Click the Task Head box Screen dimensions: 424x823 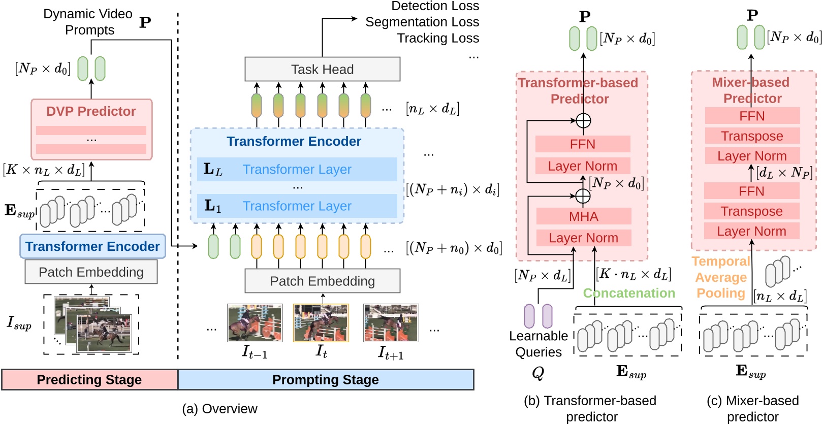coord(322,69)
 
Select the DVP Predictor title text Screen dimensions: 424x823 coord(91,111)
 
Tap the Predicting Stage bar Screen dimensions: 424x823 coord(89,380)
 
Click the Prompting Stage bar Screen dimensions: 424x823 coord(325,380)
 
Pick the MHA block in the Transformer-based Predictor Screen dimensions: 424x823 coord(583,216)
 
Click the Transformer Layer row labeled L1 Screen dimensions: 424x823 coord(297,206)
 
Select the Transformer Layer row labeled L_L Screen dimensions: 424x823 coord(297,170)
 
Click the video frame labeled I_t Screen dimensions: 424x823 coord(321,323)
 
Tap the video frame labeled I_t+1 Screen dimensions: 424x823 coord(391,323)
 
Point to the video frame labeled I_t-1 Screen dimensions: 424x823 coord(255,323)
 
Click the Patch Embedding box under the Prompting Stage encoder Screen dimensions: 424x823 coord(322,281)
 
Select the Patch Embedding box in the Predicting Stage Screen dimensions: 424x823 coord(91,272)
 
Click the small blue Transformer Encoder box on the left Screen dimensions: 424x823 coord(92,247)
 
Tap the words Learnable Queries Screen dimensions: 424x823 coord(539,344)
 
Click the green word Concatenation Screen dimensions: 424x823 coord(629,293)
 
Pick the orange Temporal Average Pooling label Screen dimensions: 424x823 coord(720,277)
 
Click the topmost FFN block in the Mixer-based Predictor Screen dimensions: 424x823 coord(752,116)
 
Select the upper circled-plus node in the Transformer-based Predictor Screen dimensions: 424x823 coord(583,120)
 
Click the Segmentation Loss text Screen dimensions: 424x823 coord(422,22)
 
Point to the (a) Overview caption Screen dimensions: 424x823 coord(219,409)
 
